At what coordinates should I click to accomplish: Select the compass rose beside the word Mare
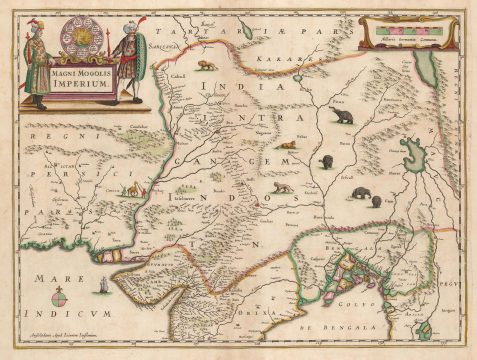click(x=58, y=296)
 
